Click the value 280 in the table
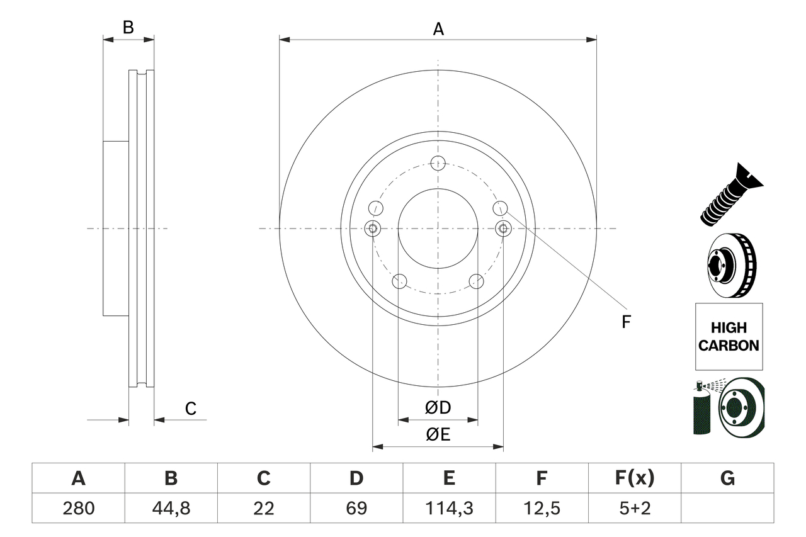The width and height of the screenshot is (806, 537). click(78, 508)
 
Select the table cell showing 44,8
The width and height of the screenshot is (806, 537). click(171, 508)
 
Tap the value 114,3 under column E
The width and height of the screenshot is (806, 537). click(448, 508)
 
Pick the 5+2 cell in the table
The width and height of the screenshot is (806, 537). click(635, 508)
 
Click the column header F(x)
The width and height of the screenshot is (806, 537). click(635, 478)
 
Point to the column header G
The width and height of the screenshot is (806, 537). click(727, 478)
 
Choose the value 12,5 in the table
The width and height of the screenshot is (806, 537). click(541, 508)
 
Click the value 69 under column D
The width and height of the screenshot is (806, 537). click(356, 508)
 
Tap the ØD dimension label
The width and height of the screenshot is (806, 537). click(438, 408)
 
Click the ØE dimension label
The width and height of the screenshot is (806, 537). click(438, 435)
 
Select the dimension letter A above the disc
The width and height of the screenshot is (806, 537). click(438, 29)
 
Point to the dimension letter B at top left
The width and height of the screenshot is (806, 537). click(128, 28)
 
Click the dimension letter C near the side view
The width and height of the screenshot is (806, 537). click(190, 409)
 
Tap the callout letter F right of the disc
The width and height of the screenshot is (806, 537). click(625, 322)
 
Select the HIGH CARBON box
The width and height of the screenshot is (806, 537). click(729, 336)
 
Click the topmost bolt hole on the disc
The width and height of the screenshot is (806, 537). click(438, 163)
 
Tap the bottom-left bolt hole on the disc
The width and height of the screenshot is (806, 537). click(399, 281)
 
